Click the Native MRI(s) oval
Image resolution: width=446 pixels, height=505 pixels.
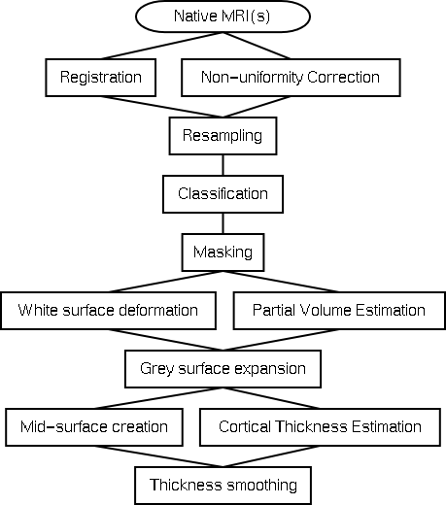click(223, 17)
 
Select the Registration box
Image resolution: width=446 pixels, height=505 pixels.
click(101, 78)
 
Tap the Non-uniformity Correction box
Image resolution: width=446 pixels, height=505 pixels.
click(291, 78)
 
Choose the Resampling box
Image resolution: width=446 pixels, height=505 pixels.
click(223, 136)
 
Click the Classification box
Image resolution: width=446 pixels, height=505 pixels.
click(223, 194)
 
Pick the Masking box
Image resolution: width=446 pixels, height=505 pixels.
click(223, 252)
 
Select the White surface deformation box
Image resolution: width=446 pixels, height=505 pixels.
click(108, 311)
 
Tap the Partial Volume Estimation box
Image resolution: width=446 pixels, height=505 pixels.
click(339, 311)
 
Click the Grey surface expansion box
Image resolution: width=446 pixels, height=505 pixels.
click(223, 369)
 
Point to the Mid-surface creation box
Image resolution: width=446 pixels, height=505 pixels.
click(94, 427)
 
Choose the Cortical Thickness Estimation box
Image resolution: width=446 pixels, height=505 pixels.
click(320, 427)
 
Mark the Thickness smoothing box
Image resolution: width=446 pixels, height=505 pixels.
click(223, 486)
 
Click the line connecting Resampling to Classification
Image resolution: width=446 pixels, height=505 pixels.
click(223, 165)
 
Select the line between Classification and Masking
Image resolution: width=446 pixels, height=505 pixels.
click(223, 223)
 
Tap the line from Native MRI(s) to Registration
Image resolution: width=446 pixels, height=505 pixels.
click(162, 46)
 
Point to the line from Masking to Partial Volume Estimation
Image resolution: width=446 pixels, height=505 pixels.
click(281, 282)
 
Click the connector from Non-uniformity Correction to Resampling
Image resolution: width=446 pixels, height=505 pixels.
click(257, 107)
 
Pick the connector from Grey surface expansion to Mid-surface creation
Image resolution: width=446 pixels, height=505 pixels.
click(158, 398)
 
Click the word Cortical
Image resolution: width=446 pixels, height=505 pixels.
click(244, 426)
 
